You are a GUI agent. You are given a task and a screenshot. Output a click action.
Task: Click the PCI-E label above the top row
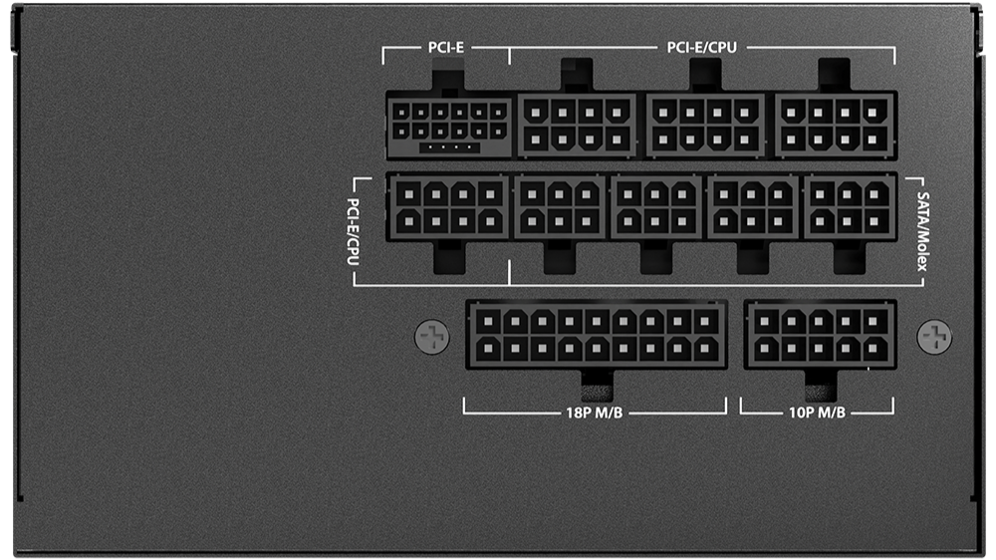[x=446, y=48]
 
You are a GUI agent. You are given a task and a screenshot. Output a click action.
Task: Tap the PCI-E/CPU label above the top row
[x=702, y=48]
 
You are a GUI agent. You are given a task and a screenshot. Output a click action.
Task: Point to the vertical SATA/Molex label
[x=922, y=231]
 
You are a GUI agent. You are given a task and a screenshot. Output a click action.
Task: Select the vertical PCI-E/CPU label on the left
[x=354, y=231]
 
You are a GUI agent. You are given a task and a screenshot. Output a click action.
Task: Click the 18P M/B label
[x=594, y=413]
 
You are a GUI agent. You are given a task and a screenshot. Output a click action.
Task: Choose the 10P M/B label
[x=817, y=413]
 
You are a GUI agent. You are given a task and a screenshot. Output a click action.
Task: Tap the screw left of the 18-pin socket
[x=432, y=336]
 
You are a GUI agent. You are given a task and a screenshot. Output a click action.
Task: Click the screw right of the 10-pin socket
[x=934, y=336]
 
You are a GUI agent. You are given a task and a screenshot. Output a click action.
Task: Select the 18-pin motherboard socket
[x=597, y=335]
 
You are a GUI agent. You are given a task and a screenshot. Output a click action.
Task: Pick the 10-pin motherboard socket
[x=820, y=335]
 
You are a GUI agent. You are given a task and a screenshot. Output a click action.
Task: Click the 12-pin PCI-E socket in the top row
[x=449, y=126]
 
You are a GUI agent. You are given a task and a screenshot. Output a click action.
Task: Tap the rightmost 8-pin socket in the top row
[x=836, y=126]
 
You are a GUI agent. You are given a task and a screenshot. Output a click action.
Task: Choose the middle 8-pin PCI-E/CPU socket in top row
[x=706, y=126]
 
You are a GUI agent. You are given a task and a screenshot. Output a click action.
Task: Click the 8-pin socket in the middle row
[x=448, y=207]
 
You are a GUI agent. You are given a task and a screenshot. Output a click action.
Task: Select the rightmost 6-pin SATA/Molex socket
[x=850, y=207]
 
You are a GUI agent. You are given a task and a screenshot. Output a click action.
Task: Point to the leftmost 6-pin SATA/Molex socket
[x=560, y=207]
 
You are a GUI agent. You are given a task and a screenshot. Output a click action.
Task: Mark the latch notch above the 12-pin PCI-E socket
[x=448, y=81]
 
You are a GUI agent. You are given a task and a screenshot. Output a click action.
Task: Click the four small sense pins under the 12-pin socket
[x=449, y=147]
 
